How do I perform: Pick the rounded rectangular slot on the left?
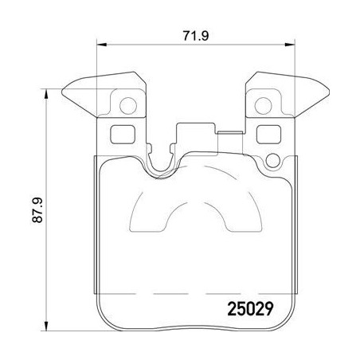120,134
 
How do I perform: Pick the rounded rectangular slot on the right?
265,134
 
